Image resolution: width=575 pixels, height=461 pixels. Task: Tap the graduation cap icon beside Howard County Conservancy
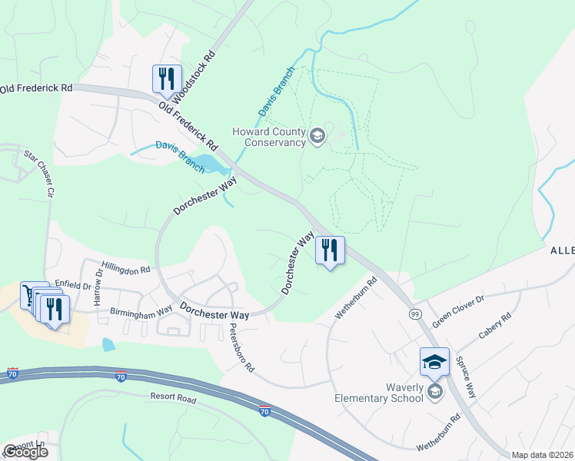pyautogui.click(x=317, y=138)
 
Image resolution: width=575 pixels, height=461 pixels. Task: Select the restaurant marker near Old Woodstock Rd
pyautogui.click(x=166, y=78)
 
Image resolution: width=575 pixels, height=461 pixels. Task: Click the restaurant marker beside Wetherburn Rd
pyautogui.click(x=330, y=250)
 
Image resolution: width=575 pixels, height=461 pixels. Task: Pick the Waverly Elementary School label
pyautogui.click(x=379, y=393)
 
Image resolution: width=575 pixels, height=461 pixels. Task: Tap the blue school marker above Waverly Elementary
pyautogui.click(x=434, y=361)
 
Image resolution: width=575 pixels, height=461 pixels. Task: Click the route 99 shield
pyautogui.click(x=414, y=314)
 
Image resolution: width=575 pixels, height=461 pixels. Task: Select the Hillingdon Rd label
pyautogui.click(x=126, y=266)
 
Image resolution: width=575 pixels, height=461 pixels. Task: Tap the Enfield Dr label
pyautogui.click(x=73, y=285)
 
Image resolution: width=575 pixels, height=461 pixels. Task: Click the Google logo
pyautogui.click(x=25, y=452)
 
